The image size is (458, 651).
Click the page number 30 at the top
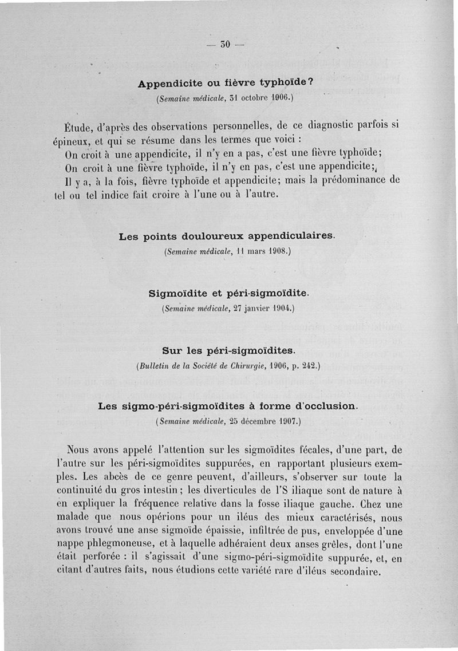(225, 46)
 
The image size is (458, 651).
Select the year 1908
(279, 251)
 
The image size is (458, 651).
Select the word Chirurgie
(256, 365)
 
